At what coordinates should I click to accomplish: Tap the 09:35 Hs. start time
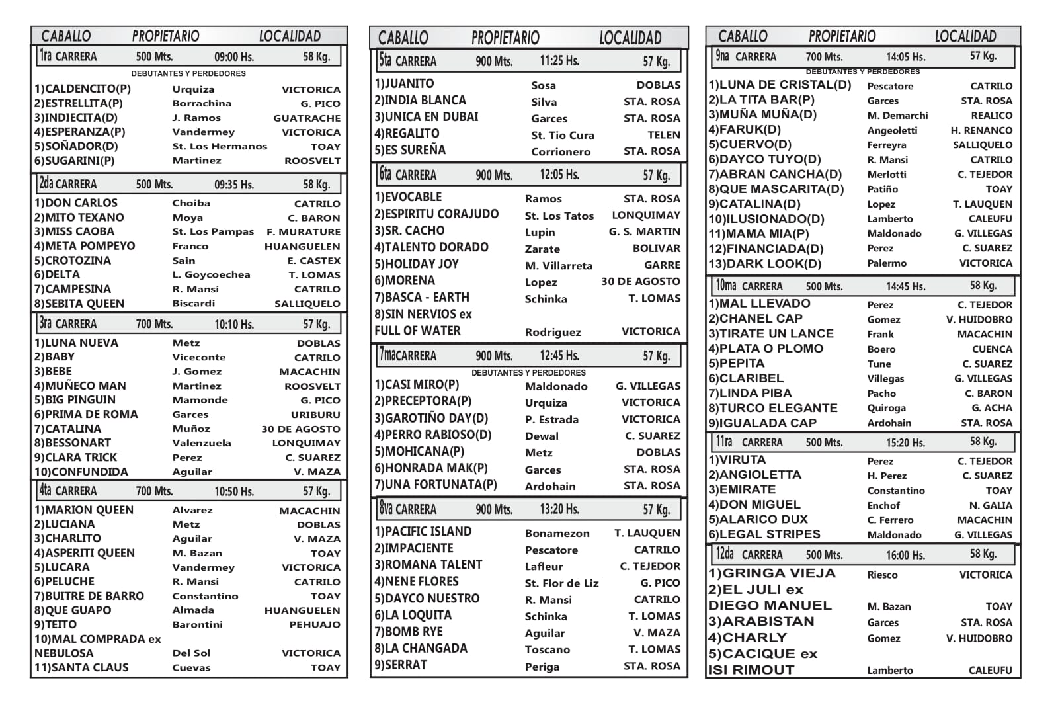pyautogui.click(x=234, y=185)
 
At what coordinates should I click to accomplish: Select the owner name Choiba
pyautogui.click(x=191, y=203)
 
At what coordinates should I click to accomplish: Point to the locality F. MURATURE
pyautogui.click(x=304, y=232)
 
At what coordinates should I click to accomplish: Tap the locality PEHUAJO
pyautogui.click(x=315, y=624)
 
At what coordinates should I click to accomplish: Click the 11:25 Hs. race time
pyautogui.click(x=559, y=62)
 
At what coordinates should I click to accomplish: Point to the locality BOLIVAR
pyautogui.click(x=656, y=249)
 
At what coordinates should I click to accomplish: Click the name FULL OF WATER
pyautogui.click(x=417, y=331)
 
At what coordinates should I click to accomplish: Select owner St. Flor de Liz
pyautogui.click(x=561, y=583)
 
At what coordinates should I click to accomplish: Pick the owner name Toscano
pyautogui.click(x=547, y=649)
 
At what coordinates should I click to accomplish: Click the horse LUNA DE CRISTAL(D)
pyautogui.click(x=780, y=85)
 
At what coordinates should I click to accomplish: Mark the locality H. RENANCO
pyautogui.click(x=981, y=130)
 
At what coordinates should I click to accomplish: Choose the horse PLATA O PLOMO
pyautogui.click(x=766, y=349)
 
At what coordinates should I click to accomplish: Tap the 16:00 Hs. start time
pyautogui.click(x=905, y=555)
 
